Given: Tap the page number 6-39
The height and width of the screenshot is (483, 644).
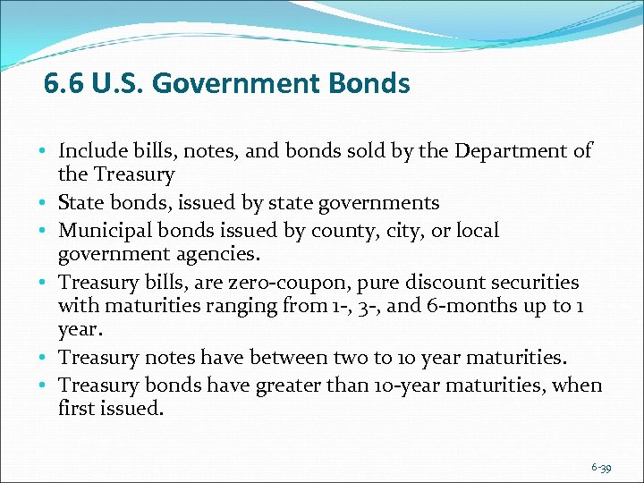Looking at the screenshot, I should click(x=601, y=468).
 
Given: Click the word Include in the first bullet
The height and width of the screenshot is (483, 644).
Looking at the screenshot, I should click(x=93, y=151).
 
